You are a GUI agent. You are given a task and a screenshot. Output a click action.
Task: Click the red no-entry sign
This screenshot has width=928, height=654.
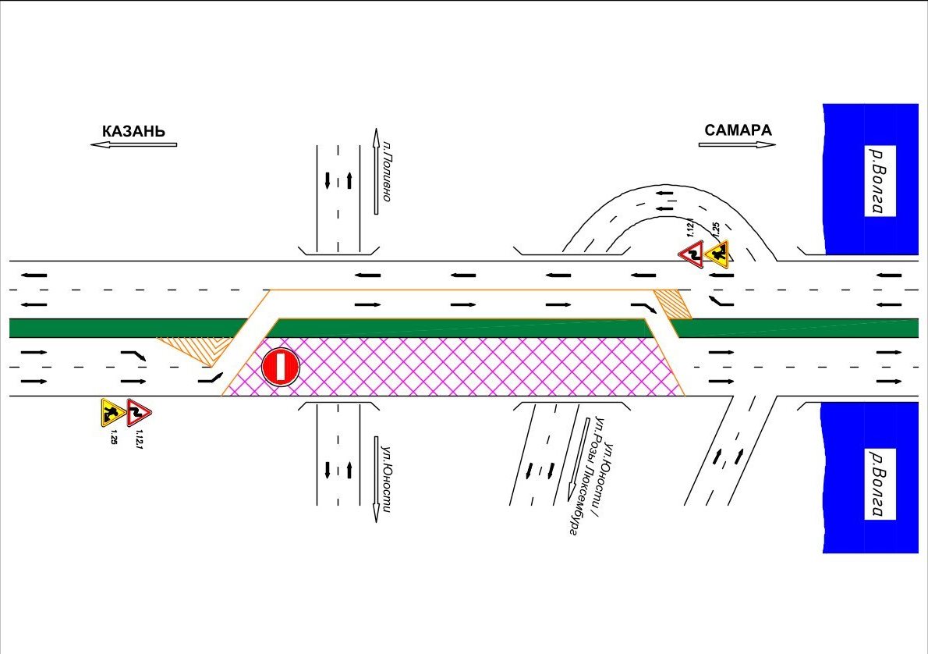coord(281,368)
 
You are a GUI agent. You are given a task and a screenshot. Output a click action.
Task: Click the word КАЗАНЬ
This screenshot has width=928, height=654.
coord(134,131)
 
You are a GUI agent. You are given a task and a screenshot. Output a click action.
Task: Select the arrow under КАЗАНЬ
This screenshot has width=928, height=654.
coord(133,144)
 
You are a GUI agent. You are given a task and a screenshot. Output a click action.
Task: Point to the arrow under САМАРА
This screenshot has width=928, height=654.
coord(737,144)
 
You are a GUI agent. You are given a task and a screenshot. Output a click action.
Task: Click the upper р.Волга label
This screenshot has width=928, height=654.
coord(880,181)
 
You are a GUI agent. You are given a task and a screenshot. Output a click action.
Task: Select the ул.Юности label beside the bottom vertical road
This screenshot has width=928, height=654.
coord(388,478)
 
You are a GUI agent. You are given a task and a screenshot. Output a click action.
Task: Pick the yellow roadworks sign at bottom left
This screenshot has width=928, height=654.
coord(112,413)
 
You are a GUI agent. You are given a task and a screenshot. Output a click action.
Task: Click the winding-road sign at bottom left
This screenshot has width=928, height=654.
coord(139,413)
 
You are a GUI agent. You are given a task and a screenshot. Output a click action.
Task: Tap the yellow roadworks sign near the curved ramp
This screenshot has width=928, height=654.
coord(718,254)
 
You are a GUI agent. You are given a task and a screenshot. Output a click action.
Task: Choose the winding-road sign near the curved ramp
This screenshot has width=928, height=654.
coord(691,254)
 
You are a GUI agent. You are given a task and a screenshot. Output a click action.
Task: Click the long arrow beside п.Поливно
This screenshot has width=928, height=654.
coord(375,171)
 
